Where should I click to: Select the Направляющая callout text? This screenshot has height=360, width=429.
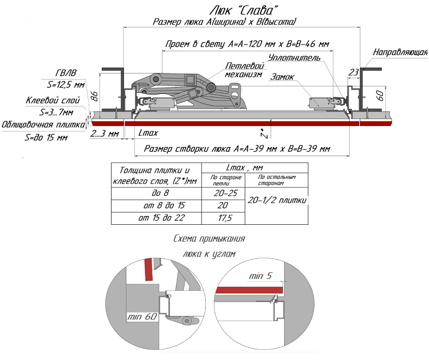[400, 52]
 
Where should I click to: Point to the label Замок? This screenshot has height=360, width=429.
[282, 77]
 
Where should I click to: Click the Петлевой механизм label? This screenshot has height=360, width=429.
[243, 70]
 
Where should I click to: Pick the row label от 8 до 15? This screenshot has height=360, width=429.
[156, 205]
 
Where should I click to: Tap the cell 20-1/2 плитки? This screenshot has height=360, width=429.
[277, 200]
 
